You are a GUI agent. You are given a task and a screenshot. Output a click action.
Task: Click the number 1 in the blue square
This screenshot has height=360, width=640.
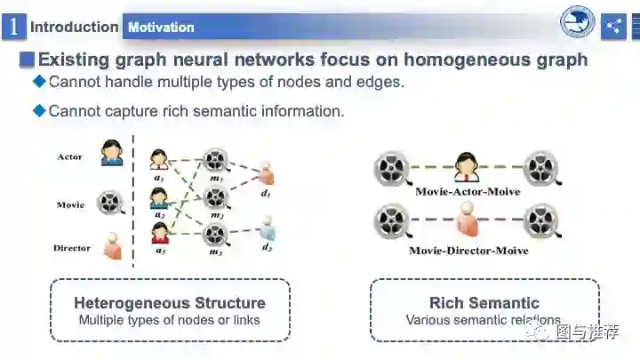[13, 27]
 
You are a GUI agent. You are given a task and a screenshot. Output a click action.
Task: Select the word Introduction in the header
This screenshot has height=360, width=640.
[74, 27]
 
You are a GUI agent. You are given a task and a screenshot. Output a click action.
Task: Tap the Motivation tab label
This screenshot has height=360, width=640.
[161, 28]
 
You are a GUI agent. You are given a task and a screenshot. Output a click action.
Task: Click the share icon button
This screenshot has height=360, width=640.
[613, 27]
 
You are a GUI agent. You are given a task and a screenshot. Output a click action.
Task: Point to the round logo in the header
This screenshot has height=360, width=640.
[577, 24]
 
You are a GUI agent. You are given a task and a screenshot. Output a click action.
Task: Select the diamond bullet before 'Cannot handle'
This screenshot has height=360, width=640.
[38, 82]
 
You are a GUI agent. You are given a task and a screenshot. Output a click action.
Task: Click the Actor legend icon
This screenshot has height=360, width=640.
[112, 153]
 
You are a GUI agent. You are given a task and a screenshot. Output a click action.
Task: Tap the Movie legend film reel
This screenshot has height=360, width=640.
[109, 203]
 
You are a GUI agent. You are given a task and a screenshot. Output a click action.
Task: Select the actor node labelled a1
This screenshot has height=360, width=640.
[159, 160]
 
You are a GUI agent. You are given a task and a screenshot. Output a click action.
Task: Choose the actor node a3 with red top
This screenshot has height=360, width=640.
[160, 234]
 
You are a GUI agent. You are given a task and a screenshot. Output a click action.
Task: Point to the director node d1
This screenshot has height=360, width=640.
[267, 172]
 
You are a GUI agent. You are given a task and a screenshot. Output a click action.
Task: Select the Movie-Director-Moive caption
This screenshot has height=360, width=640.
[468, 251]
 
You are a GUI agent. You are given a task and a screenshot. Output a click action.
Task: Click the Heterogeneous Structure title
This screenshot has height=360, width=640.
[169, 303]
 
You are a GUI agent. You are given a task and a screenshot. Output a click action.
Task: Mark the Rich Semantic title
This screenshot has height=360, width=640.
[484, 303]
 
